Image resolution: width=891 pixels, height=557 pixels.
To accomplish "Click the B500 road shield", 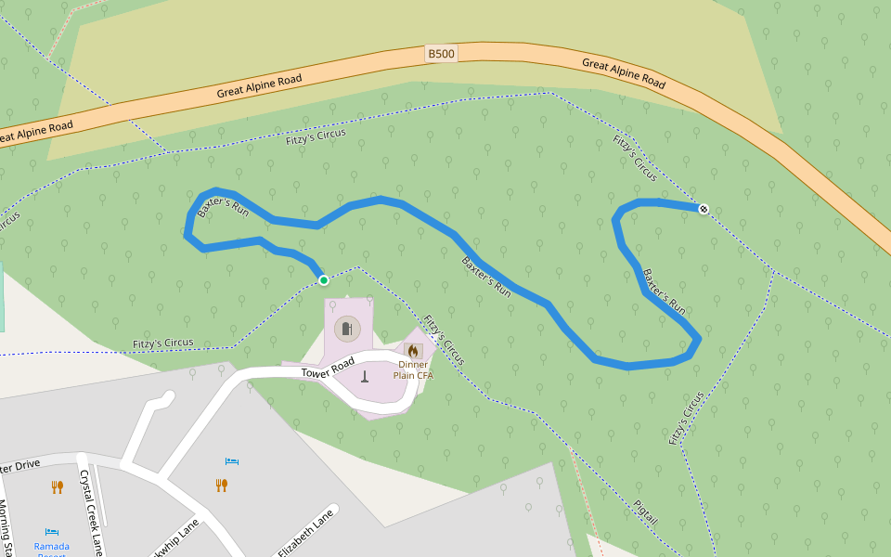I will coord(442,54).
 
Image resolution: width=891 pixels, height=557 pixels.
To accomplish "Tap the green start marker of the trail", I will coord(323,280).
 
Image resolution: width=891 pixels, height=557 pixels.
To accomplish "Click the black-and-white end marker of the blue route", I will coord(704,210).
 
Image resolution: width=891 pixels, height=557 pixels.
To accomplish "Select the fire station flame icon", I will coord(413,351).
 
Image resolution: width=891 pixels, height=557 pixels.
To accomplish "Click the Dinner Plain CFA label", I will coord(413,369).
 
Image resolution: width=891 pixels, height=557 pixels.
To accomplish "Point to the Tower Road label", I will coord(329,367).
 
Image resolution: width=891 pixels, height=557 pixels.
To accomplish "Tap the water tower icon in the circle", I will coord(347,329).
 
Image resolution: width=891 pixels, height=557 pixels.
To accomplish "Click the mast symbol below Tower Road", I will coord(365,377).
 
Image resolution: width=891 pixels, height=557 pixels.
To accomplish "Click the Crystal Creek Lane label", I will coord(91,511).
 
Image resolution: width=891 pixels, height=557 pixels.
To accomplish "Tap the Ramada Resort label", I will coord(51,547).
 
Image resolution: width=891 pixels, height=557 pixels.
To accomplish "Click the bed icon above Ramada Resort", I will coord(52,532).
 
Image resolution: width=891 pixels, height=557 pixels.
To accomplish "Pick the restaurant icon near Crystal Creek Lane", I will coord(58,486).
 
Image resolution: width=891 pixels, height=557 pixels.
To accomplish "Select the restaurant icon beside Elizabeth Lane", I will coord(222,485).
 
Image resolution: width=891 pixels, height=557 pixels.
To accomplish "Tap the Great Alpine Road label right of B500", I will coord(624,74).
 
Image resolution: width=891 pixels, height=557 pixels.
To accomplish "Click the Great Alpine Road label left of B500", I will coord(260,86).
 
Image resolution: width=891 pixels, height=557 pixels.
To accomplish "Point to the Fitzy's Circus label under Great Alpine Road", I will coord(316,136).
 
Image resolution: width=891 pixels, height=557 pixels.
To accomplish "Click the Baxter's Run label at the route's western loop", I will coord(224,206).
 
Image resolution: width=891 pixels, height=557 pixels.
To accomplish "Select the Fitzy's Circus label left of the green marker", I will coord(163,343).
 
